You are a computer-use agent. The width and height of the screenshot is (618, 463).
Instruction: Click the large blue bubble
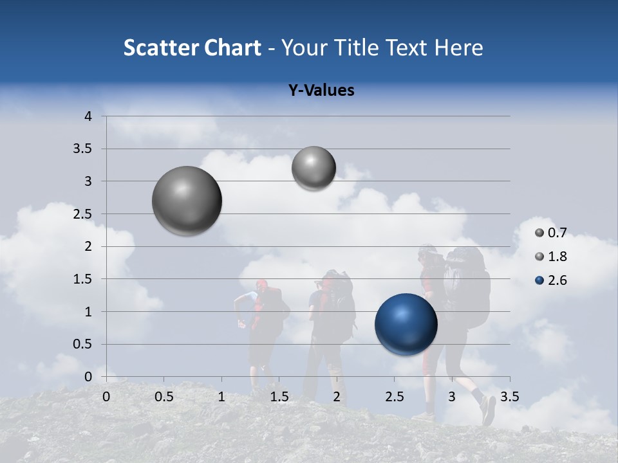pos(406,324)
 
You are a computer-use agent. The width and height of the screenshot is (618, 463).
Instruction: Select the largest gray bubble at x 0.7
pos(187,201)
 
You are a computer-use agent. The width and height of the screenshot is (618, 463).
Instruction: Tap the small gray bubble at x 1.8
pos(314,168)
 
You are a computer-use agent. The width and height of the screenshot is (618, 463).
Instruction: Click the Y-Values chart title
pos(321,91)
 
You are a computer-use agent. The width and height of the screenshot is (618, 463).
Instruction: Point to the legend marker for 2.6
pos(539,280)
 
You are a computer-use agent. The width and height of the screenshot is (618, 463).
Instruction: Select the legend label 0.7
pos(557,233)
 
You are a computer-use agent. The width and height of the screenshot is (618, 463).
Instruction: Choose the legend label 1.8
pos(557,257)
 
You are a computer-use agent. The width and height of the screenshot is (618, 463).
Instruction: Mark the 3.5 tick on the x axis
pos(509,397)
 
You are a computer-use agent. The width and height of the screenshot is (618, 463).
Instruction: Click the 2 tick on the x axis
pos(337,397)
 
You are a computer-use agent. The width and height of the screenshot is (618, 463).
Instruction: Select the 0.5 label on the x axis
pos(164,397)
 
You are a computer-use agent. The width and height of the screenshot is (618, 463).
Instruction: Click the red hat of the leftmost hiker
pos(261,284)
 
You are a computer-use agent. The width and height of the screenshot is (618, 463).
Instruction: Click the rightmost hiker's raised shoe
pos(488,409)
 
